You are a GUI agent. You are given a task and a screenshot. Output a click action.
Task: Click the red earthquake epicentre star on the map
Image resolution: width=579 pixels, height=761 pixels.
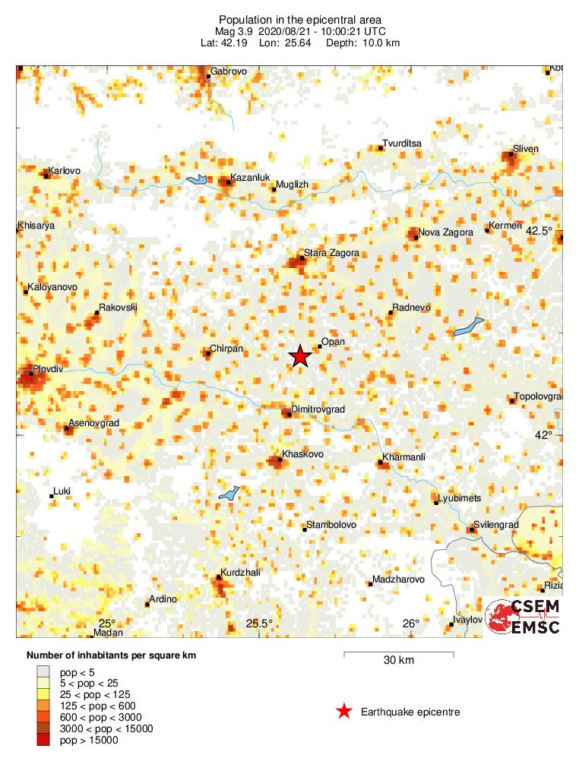pos(300,356)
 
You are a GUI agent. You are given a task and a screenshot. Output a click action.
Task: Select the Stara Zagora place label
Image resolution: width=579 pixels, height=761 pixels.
pos(331,253)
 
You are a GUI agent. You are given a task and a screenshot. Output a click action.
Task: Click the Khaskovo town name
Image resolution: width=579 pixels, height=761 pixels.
pos(303,454)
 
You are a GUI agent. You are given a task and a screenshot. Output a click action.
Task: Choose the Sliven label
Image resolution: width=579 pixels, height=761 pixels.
pos(525,149)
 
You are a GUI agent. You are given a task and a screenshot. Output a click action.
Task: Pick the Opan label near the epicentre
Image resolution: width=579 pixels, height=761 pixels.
pos(334,342)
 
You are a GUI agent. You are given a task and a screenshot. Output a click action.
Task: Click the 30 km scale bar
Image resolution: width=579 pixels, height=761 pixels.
pos(399,653)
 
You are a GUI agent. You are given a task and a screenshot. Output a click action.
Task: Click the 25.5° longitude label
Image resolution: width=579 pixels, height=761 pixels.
pos(259,624)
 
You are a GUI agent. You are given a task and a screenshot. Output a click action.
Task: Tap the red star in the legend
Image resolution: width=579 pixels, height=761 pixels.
pos(344,712)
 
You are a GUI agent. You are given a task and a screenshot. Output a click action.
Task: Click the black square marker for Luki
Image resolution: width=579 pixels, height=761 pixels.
pos(52,496)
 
